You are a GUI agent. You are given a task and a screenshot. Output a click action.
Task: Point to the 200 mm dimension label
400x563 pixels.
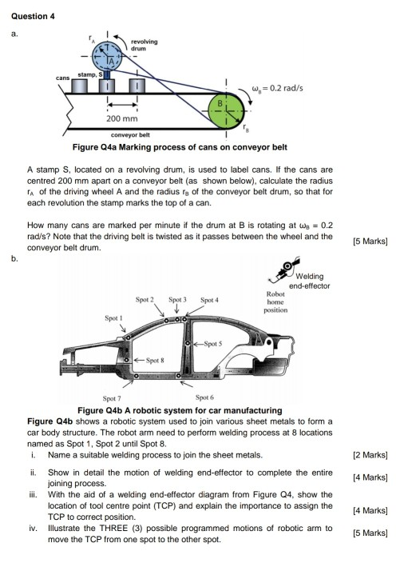(125, 118)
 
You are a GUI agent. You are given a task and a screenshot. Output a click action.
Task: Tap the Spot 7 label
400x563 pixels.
(113, 397)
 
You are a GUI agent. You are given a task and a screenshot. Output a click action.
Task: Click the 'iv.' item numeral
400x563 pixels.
(34, 529)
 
